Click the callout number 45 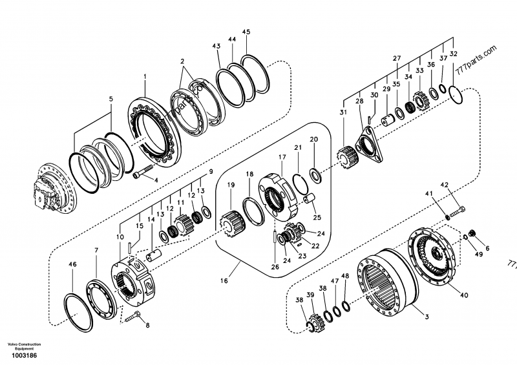246,32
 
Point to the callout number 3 426,317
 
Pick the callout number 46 72,265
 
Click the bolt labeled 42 457,211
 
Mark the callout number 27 397,58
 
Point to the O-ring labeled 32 458,94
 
